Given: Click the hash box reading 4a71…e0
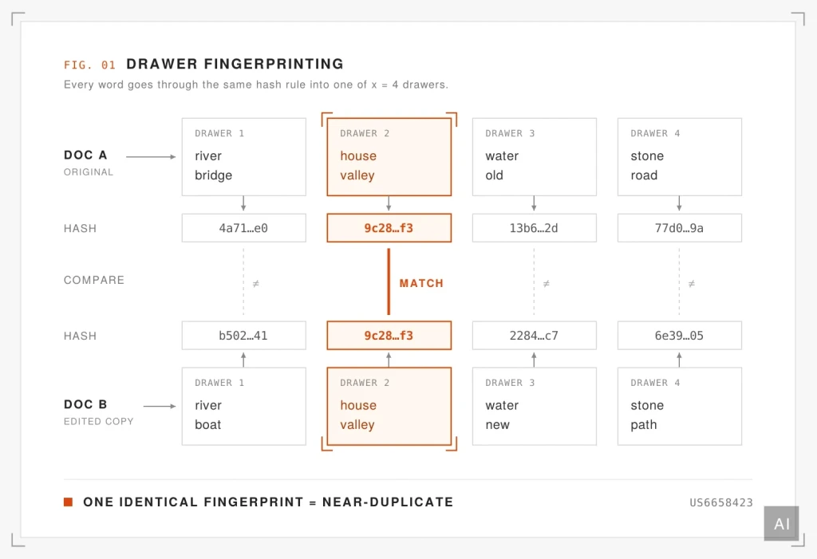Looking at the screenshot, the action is click(x=244, y=227).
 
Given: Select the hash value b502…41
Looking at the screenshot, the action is click(x=243, y=336).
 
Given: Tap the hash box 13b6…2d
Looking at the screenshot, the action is click(x=534, y=227).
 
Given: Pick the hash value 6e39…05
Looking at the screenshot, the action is click(x=679, y=336).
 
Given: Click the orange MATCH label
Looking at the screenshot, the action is click(x=421, y=283).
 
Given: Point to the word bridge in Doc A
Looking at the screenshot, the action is click(x=214, y=175).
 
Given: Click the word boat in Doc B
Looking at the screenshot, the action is click(x=208, y=424).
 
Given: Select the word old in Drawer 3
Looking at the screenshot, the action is click(x=495, y=175).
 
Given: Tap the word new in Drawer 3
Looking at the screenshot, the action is click(x=498, y=425).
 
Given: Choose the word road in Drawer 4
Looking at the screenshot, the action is click(x=644, y=175).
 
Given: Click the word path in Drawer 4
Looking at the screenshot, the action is click(x=644, y=425).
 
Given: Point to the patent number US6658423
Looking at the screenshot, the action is click(x=721, y=502).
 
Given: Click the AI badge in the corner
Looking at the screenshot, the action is click(x=782, y=524).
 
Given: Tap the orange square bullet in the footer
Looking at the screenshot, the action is click(x=69, y=502).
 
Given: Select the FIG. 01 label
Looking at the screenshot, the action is click(x=89, y=65).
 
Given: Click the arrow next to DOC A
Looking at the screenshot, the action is click(x=151, y=157).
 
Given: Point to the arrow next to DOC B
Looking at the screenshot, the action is click(x=160, y=406).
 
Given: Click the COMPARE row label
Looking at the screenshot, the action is click(x=94, y=280).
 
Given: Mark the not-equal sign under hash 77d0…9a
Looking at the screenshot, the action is click(x=692, y=284).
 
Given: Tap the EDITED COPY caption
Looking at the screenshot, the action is click(x=98, y=422).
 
